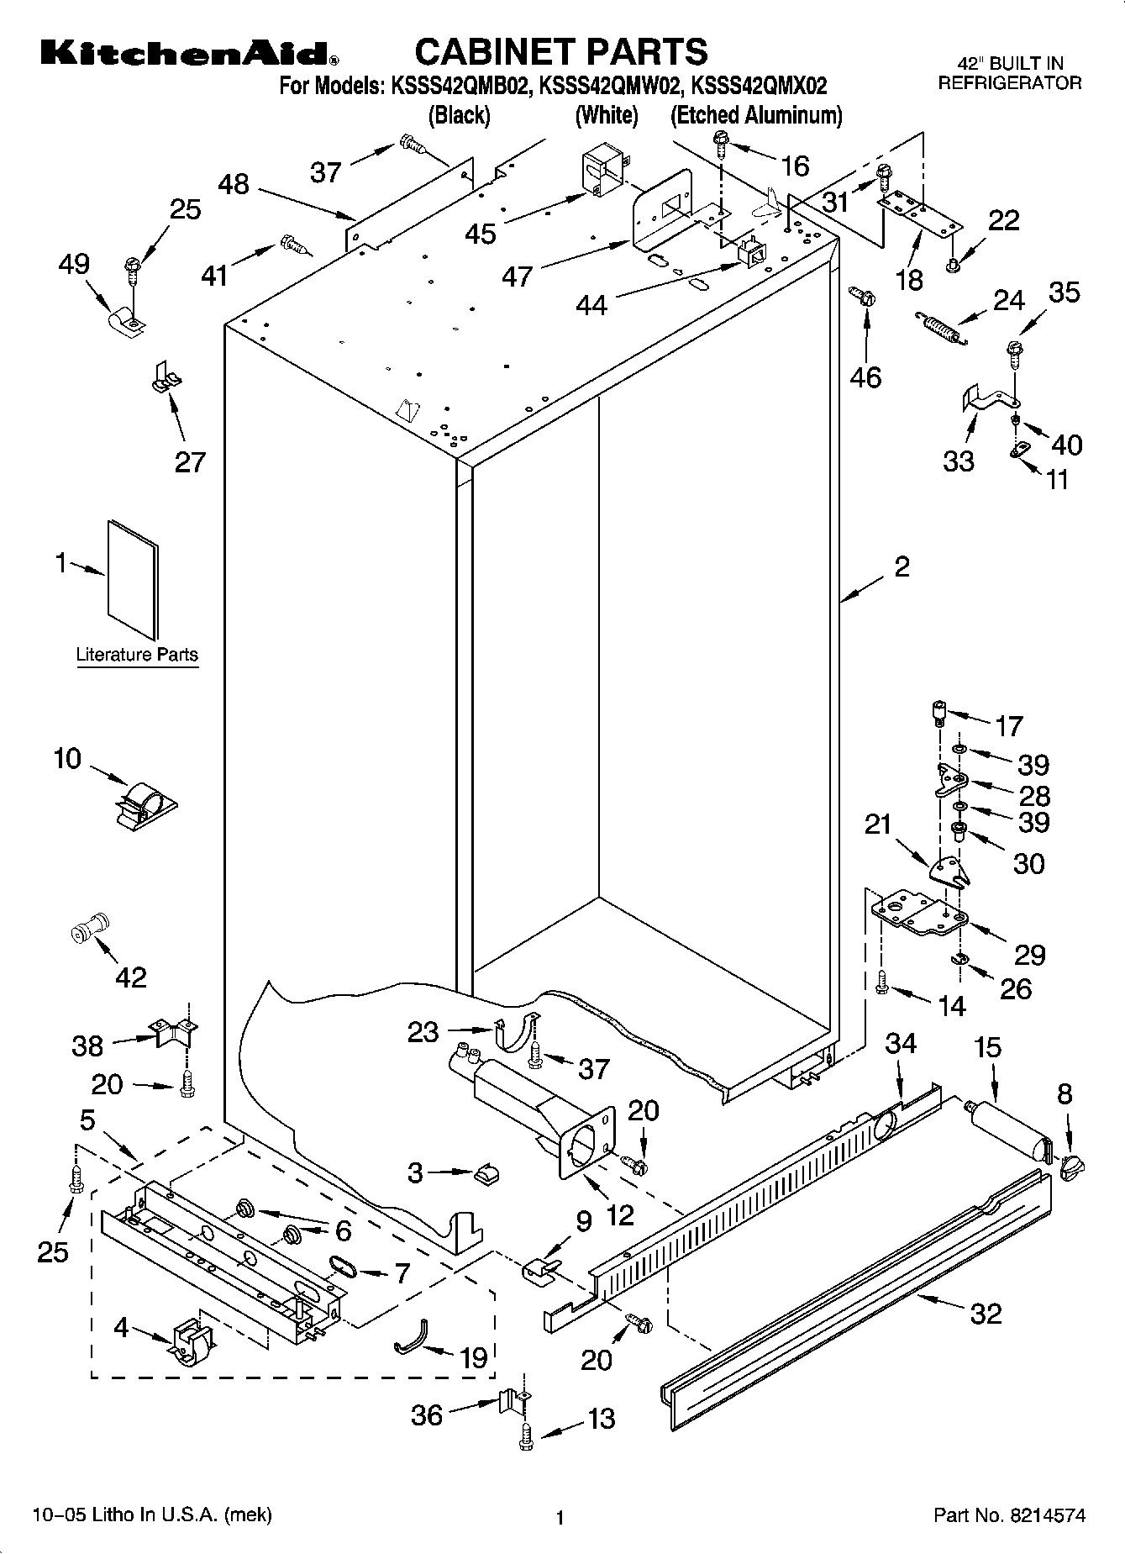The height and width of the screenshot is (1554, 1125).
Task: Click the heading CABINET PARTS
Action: click(x=561, y=52)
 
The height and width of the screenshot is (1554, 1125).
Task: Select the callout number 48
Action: click(x=234, y=184)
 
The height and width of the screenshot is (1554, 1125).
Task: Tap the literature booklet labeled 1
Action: click(x=132, y=579)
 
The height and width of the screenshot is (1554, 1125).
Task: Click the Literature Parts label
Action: click(x=137, y=655)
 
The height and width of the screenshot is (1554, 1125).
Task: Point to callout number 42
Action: click(x=131, y=977)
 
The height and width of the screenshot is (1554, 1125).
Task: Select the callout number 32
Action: click(x=986, y=1313)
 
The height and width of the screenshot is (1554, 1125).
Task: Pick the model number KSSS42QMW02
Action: click(x=607, y=85)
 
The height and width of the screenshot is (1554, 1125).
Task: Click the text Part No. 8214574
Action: click(x=1009, y=1515)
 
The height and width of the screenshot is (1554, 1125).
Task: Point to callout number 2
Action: click(x=902, y=567)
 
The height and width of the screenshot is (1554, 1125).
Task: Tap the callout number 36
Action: click(x=427, y=1414)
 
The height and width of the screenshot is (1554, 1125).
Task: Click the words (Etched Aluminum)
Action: click(x=755, y=115)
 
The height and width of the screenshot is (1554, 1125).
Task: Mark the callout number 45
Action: click(x=481, y=233)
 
